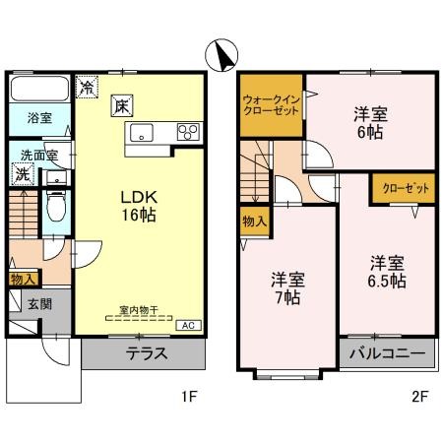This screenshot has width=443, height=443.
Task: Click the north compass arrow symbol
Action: coord(221,51)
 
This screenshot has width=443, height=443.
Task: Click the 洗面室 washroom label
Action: coord(39,155)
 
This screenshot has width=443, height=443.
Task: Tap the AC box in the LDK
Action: coord(184,324)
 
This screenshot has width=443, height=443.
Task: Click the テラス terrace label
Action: coord(146,353)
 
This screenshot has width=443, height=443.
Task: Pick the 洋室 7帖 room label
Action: coord(288,287)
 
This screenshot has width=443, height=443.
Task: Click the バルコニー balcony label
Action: coord(387,352)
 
